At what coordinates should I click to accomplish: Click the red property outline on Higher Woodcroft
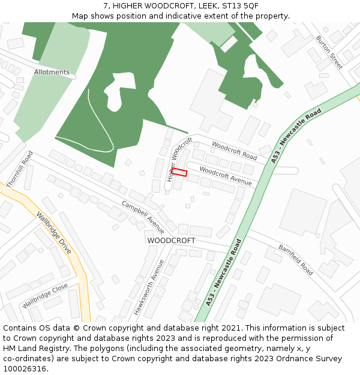point(179,172)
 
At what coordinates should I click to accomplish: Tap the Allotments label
point(52,72)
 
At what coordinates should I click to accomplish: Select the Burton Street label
point(329,52)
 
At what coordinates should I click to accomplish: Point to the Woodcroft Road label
point(234,150)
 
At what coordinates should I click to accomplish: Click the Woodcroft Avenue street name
point(226,175)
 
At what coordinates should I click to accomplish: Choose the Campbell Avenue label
point(143,217)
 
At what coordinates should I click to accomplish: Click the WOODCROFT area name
point(171,240)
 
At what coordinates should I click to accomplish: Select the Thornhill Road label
point(19,170)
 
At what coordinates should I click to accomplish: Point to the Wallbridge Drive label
point(53,232)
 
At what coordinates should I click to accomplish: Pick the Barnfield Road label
point(295,259)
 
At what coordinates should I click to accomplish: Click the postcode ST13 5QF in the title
point(240,6)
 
